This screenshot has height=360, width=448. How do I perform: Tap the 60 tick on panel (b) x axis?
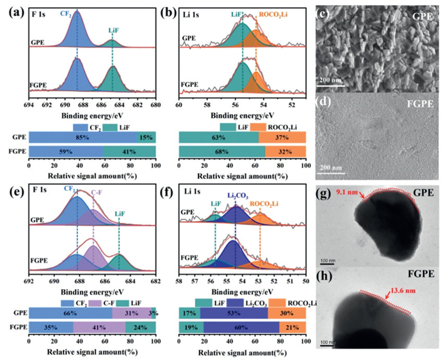pyautogui.click(x=179, y=106)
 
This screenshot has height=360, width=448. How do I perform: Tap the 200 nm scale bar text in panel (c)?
pyautogui.click(x=332, y=81)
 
